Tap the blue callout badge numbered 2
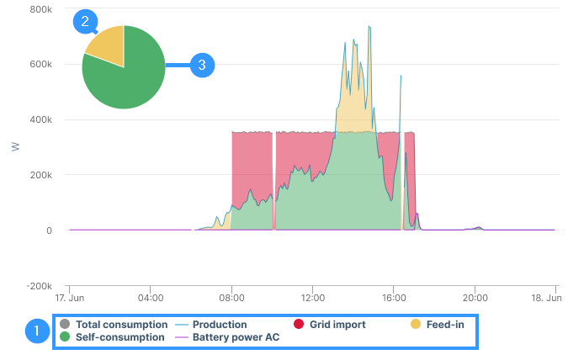click(86, 21)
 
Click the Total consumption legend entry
click(114, 324)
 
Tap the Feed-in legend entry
click(437, 324)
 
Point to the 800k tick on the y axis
click(40, 9)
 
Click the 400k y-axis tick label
click(40, 119)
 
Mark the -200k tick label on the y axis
click(39, 286)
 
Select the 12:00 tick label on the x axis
click(312, 298)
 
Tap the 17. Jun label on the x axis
click(69, 298)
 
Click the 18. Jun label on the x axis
click(545, 298)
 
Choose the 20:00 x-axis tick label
click(475, 298)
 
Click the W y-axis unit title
click(14, 147)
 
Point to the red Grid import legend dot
click(297, 324)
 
